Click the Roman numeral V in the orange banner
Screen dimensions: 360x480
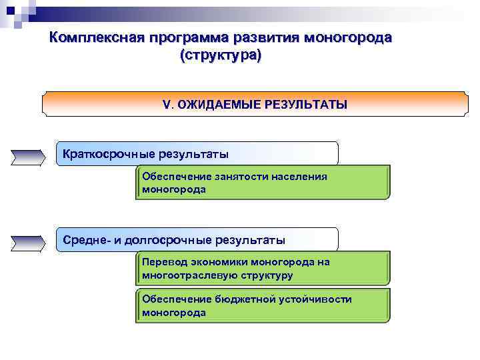pyautogui.click(x=167, y=105)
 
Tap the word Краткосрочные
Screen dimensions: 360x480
pyautogui.click(x=109, y=155)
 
